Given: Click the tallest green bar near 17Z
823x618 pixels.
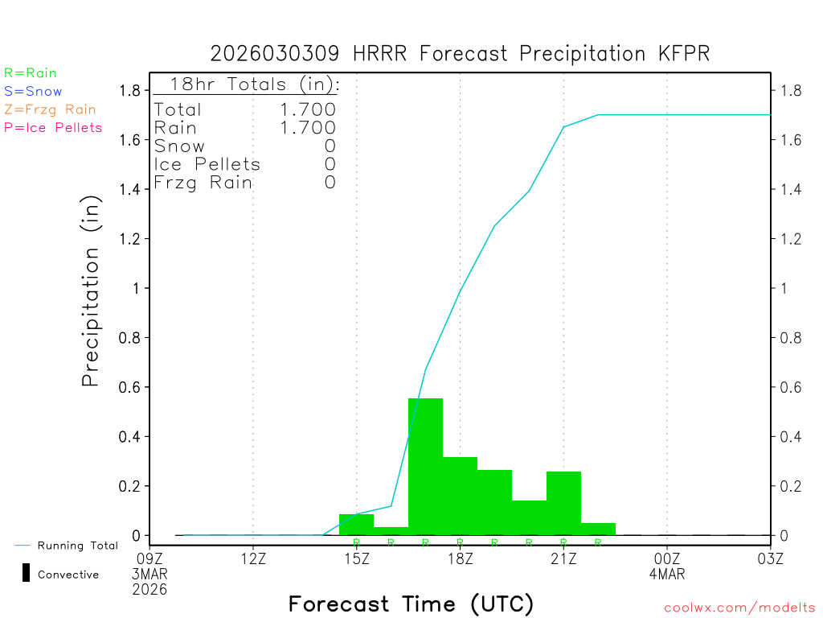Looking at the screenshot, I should [425, 467].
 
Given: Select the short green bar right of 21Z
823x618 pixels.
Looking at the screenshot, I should [598, 529].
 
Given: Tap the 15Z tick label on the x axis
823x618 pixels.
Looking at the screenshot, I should [356, 558].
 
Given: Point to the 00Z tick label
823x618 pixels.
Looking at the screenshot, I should [666, 558].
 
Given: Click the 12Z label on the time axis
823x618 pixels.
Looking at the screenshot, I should [253, 558].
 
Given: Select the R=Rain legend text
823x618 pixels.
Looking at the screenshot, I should [31, 73].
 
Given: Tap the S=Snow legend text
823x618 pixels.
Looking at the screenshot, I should [33, 92].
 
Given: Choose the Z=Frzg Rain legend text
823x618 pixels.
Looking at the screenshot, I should [50, 109].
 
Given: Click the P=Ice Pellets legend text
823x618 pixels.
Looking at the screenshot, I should [53, 127].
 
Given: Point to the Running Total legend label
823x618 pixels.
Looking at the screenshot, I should [77, 546].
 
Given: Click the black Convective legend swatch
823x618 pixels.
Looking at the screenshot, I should [26, 573].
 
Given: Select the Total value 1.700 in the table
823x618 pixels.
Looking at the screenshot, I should [308, 109].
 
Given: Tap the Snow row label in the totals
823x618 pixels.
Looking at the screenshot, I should [179, 146].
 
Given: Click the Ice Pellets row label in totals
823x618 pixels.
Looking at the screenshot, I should [207, 164].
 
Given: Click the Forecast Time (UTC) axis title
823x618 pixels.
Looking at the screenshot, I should [411, 604].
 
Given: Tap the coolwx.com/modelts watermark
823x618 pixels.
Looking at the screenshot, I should [739, 608].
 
